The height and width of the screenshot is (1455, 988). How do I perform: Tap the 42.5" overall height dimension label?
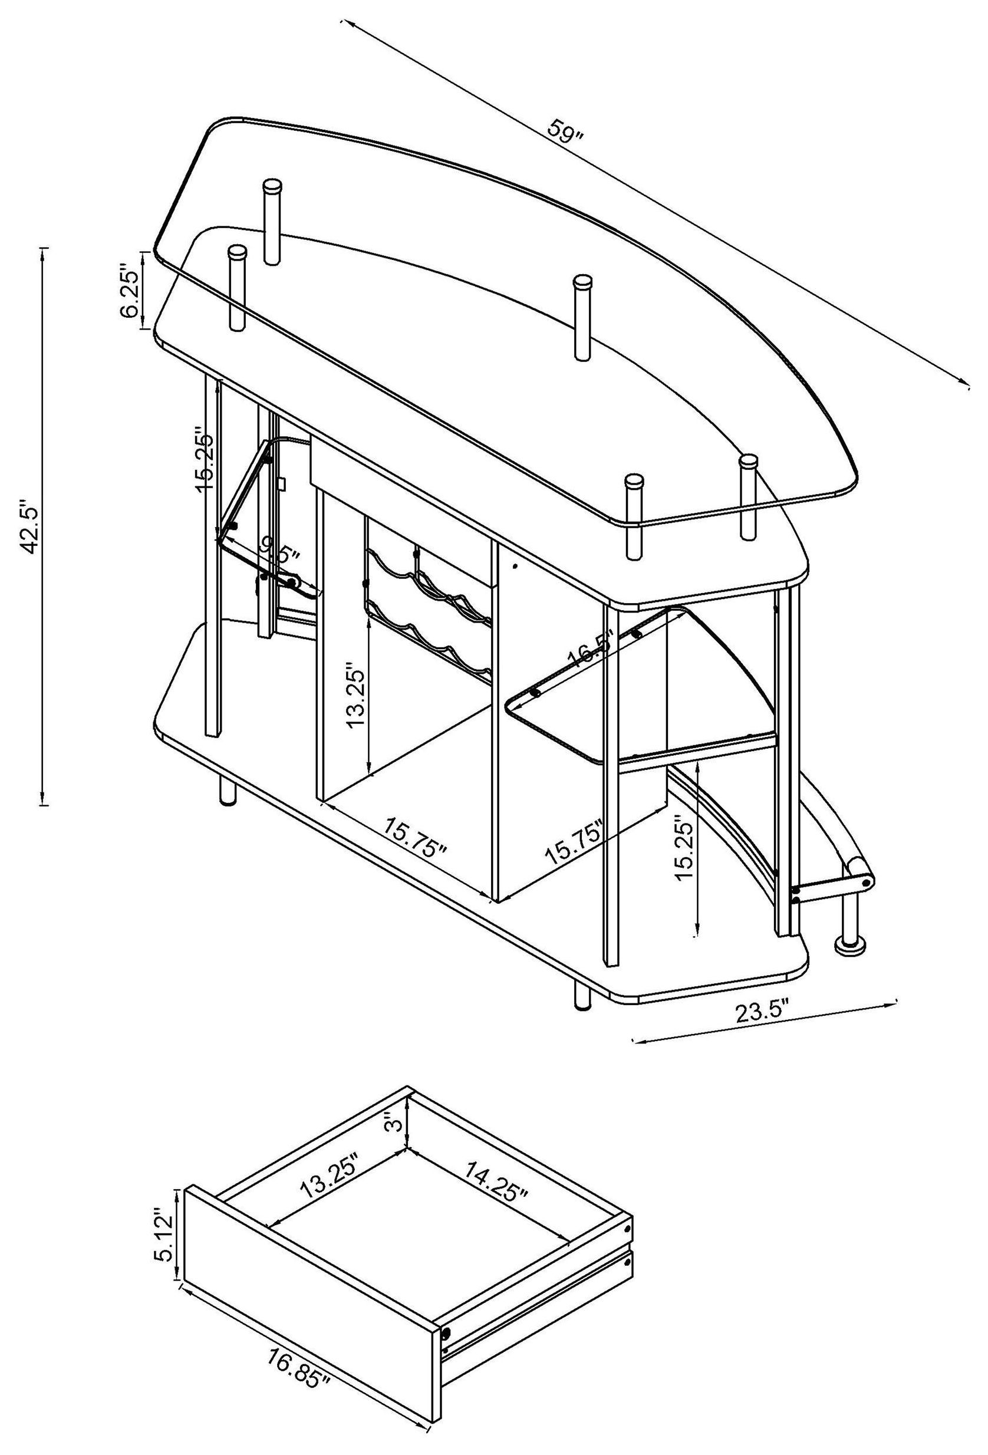29,526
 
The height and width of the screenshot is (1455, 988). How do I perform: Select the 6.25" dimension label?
130,294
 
